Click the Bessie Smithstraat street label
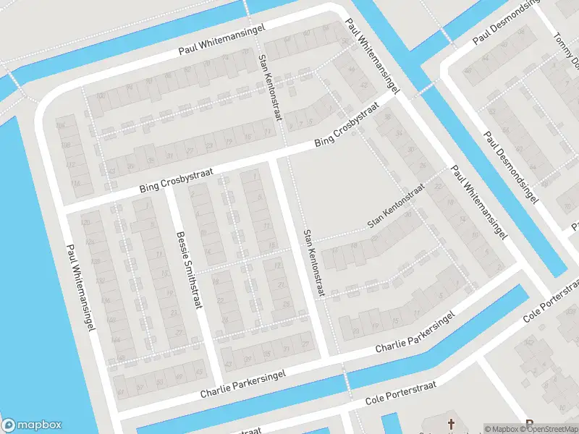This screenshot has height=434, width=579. (x=187, y=270)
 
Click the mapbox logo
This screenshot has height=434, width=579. (x=32, y=425)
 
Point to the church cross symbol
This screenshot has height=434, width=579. (x=452, y=423)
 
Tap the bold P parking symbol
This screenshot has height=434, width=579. (x=529, y=425)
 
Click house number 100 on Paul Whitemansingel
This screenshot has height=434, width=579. (x=101, y=95)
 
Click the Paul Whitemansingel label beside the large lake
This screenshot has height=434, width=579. (x=80, y=288)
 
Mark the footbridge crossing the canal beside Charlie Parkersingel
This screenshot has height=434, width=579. (x=345, y=380)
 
